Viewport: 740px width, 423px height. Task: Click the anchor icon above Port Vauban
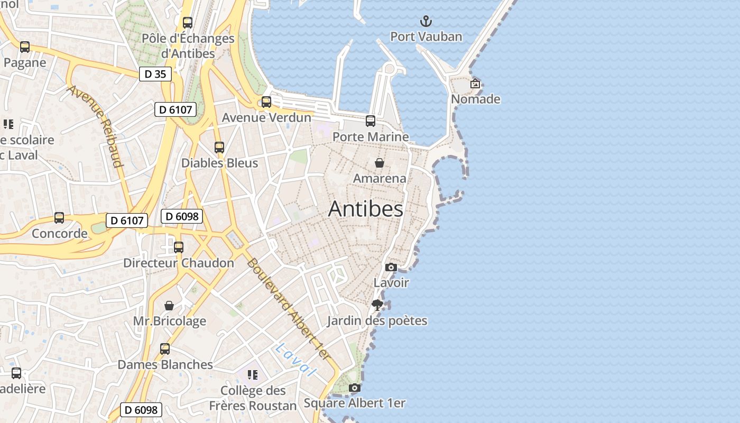tap(425, 21)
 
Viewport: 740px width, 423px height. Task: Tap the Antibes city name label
tap(365, 209)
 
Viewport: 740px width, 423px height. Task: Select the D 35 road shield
tap(155, 74)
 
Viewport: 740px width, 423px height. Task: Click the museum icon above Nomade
tap(475, 84)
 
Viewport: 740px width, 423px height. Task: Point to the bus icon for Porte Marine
tap(371, 121)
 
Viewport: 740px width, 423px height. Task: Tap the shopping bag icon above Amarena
tap(379, 162)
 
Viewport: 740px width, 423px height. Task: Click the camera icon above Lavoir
tap(391, 267)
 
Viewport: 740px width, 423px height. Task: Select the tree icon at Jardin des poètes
tap(377, 305)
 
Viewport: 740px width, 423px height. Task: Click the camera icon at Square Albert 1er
tap(355, 388)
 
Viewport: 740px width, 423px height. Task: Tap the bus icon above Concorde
tap(59, 218)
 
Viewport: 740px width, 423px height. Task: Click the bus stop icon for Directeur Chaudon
tap(179, 247)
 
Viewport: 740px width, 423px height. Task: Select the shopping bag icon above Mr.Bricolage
tap(169, 306)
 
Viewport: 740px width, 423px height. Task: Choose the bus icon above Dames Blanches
tap(165, 349)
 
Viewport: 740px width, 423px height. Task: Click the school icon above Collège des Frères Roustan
tap(253, 375)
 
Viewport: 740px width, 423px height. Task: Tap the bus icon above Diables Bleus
tap(219, 148)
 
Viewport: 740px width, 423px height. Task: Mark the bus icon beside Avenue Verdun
tap(266, 102)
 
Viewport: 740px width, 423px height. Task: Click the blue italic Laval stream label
tap(295, 360)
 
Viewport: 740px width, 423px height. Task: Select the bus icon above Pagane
tap(25, 47)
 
